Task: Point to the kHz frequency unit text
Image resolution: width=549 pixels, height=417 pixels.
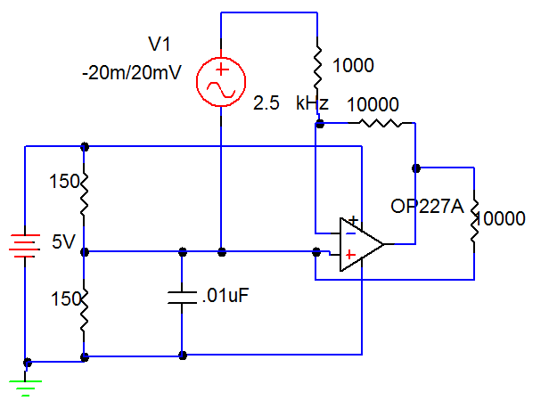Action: (x=313, y=103)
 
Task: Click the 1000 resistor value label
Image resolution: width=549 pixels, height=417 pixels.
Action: (x=353, y=65)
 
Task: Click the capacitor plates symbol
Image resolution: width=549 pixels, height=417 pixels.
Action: (x=182, y=297)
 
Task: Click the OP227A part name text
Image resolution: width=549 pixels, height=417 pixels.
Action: (x=427, y=208)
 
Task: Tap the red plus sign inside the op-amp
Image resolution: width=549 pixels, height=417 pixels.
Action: (x=352, y=255)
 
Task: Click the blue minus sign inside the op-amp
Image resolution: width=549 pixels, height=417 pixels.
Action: (x=350, y=233)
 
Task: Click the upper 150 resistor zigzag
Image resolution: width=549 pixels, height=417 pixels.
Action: (x=84, y=195)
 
